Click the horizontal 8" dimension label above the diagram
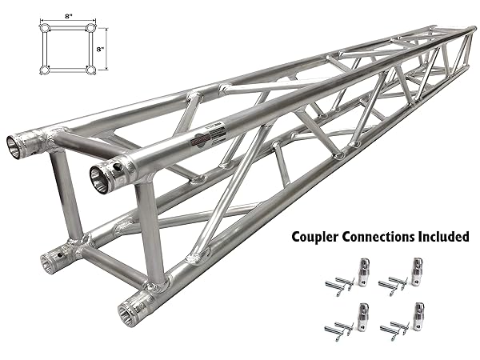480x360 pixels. tap(69, 17)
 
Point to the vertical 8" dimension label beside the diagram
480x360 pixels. tap(101, 49)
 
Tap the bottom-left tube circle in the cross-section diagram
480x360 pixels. tap(44, 70)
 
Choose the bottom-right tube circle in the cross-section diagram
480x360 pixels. tap(91, 70)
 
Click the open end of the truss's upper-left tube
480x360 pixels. tap(14, 148)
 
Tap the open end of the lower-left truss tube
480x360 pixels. tap(47, 263)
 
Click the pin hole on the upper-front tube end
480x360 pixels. tap(117, 167)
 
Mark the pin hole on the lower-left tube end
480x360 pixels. tap(60, 254)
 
